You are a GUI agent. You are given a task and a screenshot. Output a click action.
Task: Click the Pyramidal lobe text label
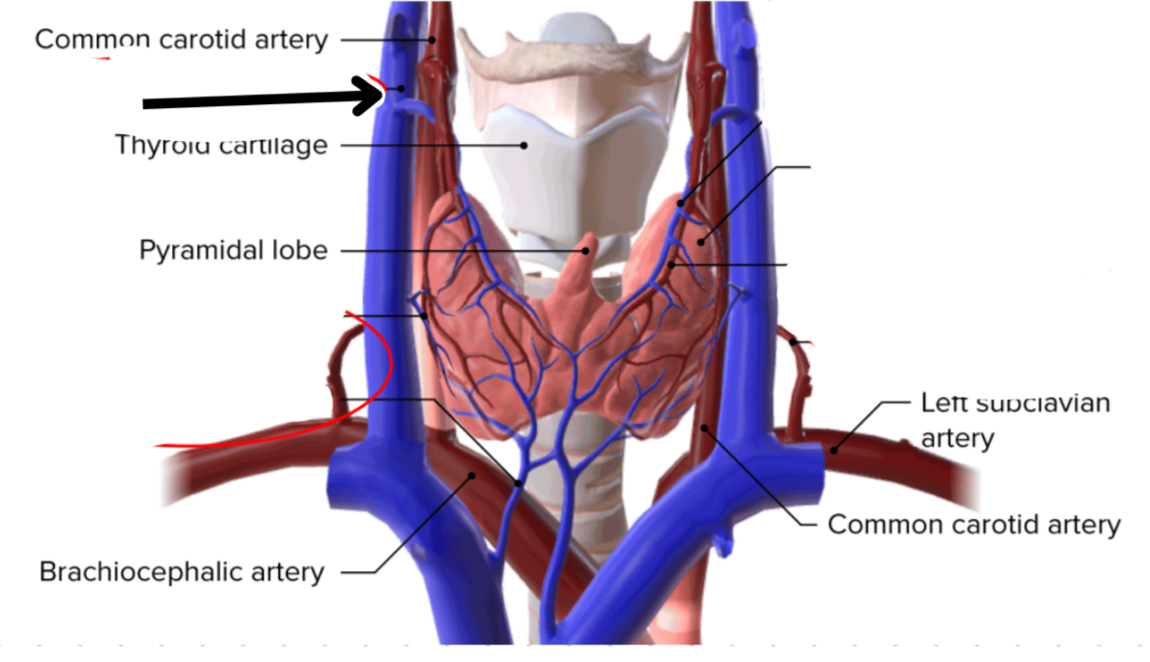233,251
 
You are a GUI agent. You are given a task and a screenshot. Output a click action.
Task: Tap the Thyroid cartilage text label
221,146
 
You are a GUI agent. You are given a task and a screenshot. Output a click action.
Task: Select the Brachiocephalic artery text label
182,571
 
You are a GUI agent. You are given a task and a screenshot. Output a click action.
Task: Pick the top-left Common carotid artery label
182,40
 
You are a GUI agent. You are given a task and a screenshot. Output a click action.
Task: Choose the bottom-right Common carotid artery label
974,525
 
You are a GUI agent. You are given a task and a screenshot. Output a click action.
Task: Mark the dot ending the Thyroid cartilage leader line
524,146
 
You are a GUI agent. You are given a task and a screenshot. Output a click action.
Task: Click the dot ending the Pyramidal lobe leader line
584,251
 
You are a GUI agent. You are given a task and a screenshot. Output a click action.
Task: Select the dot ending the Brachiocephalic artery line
472,474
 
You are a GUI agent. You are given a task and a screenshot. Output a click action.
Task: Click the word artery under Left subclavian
957,439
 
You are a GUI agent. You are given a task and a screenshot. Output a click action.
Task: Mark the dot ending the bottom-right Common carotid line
705,426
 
